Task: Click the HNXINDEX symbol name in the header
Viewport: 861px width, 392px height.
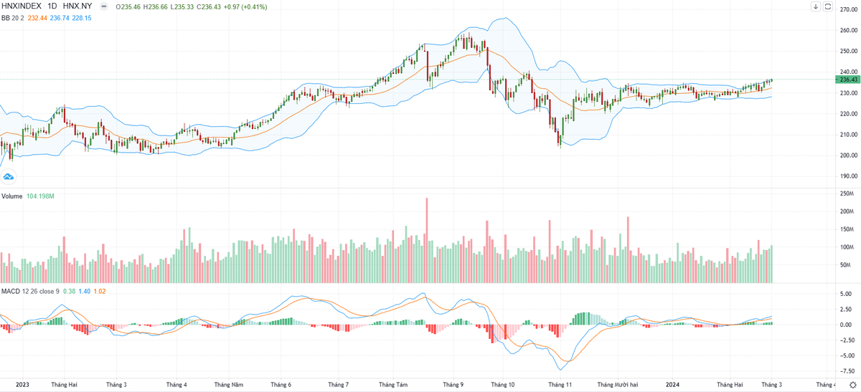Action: (x=22, y=6)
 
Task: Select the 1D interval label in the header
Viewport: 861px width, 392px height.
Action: (x=52, y=6)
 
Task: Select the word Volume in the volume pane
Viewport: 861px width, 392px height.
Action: (x=11, y=196)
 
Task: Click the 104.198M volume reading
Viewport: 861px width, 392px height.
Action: (x=40, y=196)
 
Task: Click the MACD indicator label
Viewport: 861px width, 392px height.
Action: (x=10, y=291)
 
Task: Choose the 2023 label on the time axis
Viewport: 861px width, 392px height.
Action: (x=22, y=385)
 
